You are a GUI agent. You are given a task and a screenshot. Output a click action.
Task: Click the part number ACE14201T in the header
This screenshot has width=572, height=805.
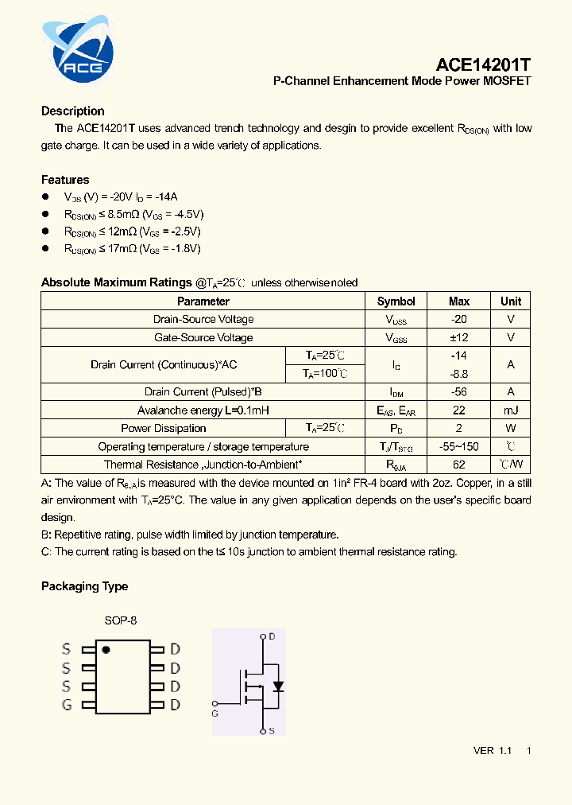(483, 64)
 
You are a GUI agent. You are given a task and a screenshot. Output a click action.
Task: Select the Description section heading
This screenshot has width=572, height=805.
(73, 111)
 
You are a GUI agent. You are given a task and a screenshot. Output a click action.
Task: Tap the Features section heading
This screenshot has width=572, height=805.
(65, 180)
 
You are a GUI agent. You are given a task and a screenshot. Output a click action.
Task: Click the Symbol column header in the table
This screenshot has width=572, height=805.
(396, 301)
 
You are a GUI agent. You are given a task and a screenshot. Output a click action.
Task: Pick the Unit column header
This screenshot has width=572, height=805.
(511, 301)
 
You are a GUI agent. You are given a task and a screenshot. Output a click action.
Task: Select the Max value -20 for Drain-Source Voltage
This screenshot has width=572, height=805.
(458, 319)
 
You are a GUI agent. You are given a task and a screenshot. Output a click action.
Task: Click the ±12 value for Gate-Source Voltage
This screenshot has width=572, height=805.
(458, 337)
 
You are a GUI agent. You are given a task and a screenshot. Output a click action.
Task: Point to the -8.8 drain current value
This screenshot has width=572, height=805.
(458, 373)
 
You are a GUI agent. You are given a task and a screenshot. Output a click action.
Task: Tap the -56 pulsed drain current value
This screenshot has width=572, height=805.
(458, 391)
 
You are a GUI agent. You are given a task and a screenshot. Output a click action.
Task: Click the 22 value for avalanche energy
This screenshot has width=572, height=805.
(458, 410)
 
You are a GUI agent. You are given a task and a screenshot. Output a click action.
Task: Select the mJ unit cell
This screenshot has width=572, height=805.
(511, 410)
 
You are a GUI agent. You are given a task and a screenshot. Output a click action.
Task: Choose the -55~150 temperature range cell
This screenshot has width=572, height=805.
(458, 446)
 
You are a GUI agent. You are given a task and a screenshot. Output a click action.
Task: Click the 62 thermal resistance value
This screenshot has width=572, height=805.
(458, 465)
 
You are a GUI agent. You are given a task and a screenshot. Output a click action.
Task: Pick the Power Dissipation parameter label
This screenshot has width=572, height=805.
(163, 428)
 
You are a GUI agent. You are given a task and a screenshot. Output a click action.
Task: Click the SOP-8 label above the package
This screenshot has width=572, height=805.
(121, 620)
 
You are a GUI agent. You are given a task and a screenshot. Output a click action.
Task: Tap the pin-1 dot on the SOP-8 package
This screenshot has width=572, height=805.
(106, 650)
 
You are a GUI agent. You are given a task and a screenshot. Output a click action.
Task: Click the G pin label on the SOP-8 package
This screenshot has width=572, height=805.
(67, 705)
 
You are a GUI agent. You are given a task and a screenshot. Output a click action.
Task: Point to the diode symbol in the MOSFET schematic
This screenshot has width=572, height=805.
(276, 686)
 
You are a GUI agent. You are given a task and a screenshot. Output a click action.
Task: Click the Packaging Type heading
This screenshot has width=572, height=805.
(84, 586)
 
